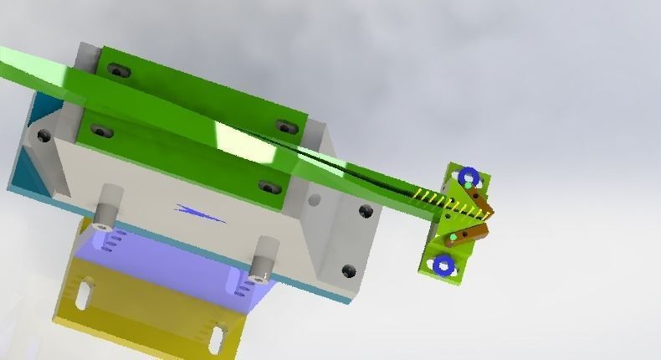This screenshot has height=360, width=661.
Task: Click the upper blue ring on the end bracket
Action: point(467,177)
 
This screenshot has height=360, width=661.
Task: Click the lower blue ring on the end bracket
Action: point(443,265)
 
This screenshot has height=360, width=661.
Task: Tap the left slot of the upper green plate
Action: point(120,71)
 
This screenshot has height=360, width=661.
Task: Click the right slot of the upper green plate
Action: point(287,127)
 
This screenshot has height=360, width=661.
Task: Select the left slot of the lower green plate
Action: point(102,131)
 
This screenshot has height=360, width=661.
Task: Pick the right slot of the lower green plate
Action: point(268,187)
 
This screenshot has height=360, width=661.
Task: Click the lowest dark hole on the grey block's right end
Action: point(348,270)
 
